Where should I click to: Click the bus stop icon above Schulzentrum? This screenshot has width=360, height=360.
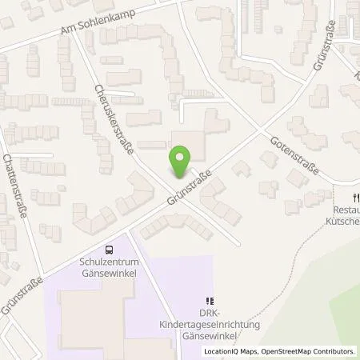(x=110, y=250)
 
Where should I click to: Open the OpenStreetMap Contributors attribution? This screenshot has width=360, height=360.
(x=308, y=351)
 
